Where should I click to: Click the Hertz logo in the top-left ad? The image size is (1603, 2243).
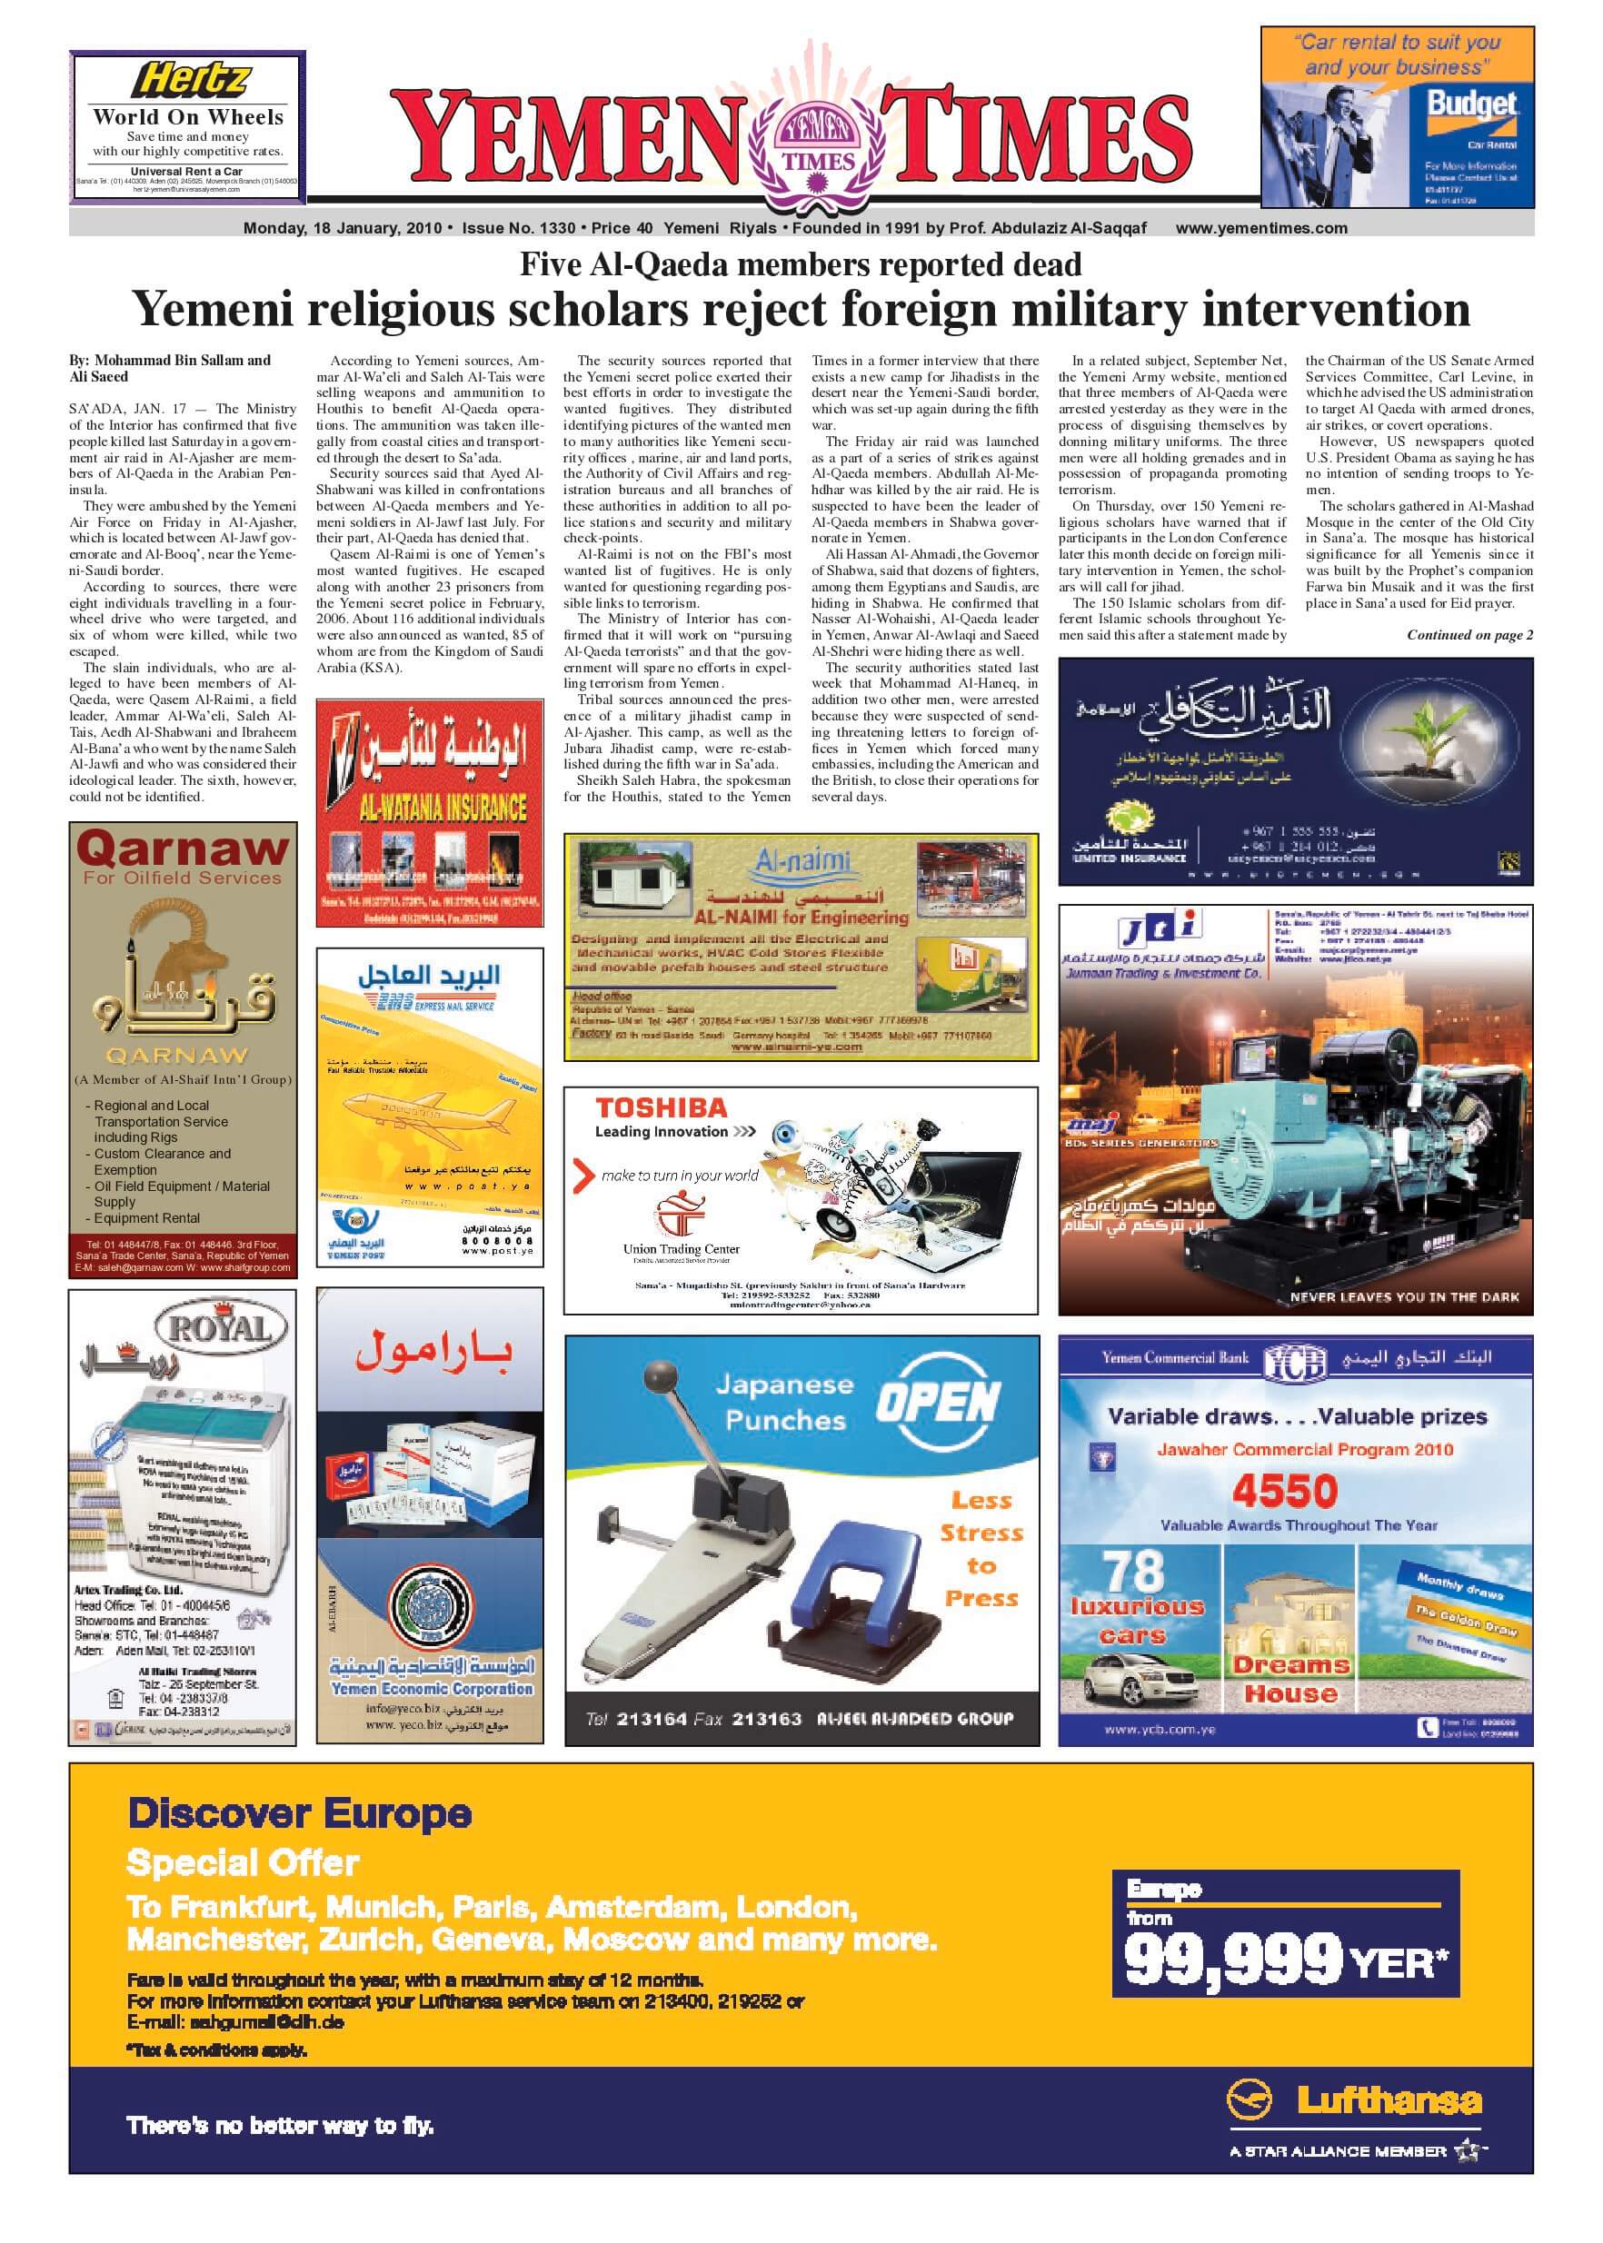(x=190, y=78)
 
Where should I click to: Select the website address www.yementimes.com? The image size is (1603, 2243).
(x=1260, y=228)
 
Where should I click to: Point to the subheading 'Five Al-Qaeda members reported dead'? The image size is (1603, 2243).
(x=801, y=264)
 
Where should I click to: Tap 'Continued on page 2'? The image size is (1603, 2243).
(x=1469, y=636)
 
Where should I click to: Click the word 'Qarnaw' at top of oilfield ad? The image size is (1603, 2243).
(x=182, y=847)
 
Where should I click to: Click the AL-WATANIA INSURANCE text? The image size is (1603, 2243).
(x=429, y=809)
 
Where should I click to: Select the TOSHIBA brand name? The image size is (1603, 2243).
(x=662, y=1108)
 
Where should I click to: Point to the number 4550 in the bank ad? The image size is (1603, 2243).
(x=1284, y=1490)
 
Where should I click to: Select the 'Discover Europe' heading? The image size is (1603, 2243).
(x=300, y=1813)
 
